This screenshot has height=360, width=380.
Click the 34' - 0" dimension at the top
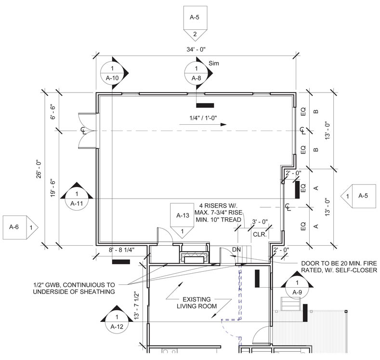click(x=195, y=49)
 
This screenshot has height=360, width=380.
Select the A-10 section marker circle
click(x=112, y=73)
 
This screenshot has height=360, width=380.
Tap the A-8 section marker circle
click(x=196, y=73)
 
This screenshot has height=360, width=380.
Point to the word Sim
click(x=215, y=63)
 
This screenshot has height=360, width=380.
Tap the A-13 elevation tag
click(x=182, y=221)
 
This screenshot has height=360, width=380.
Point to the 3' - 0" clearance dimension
click(x=260, y=222)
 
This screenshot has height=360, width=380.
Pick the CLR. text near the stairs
click(x=260, y=234)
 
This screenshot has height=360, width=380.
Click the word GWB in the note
click(x=54, y=284)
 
